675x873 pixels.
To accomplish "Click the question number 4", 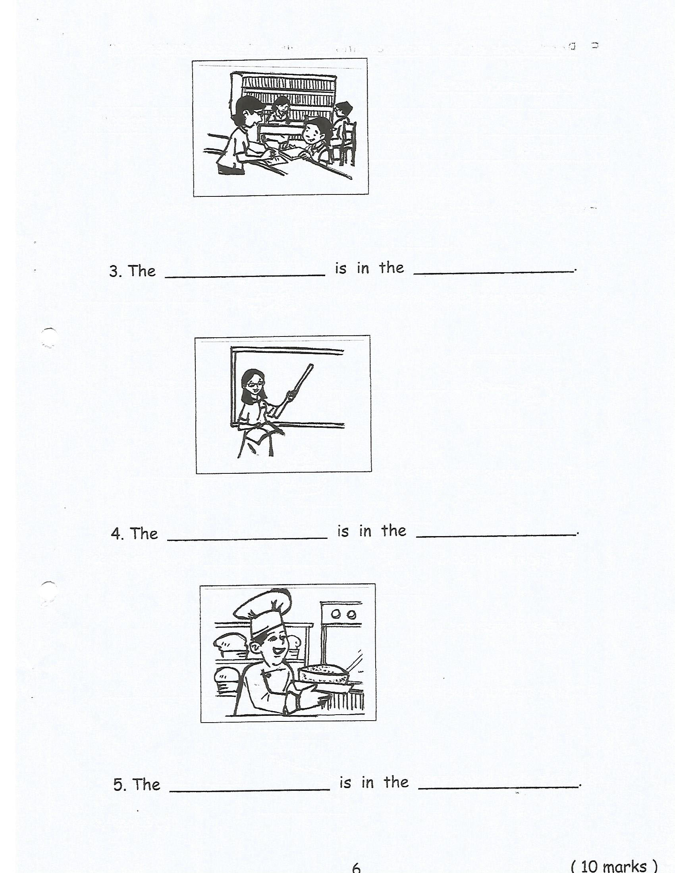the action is pyautogui.click(x=116, y=534).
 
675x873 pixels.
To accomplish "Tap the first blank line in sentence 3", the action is pyautogui.click(x=245, y=275).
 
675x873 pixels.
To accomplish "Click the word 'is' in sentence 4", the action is pyautogui.click(x=343, y=531).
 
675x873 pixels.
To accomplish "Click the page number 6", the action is pyautogui.click(x=356, y=867).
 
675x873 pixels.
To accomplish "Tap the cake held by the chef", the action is pyautogui.click(x=323, y=675).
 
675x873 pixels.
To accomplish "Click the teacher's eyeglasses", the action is pyautogui.click(x=255, y=385).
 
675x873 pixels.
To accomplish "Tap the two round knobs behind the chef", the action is pyautogui.click(x=343, y=614).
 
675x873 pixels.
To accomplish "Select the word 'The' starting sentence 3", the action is pyautogui.click(x=142, y=271).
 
